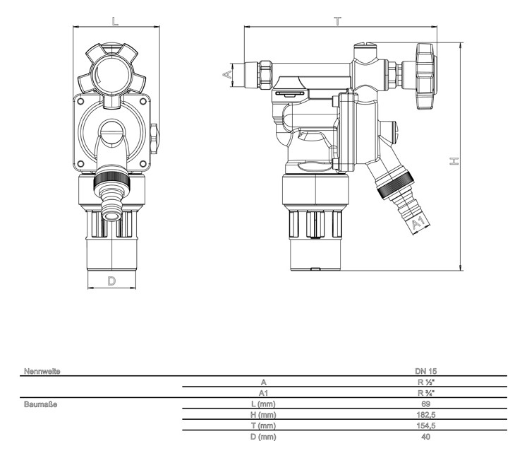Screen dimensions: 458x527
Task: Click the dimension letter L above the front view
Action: point(116,21)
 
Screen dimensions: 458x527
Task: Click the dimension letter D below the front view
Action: point(111,281)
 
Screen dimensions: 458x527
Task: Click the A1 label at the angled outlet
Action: point(418,224)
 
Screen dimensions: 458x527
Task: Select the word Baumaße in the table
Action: point(40,404)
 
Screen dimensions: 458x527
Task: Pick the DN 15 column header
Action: point(426,370)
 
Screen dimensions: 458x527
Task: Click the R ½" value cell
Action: point(426,382)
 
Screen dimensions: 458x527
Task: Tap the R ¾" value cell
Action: point(426,393)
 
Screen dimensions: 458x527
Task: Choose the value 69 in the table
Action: point(426,404)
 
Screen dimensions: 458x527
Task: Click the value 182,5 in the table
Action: point(426,415)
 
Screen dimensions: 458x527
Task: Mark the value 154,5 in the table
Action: point(426,426)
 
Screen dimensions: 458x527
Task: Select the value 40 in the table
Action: point(426,437)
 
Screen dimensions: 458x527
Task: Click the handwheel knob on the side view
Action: point(425,77)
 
